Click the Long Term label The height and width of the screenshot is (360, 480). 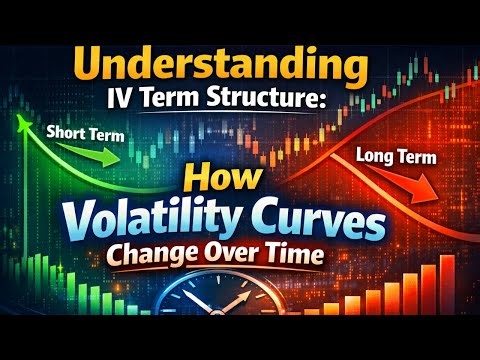(x=391, y=156)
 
